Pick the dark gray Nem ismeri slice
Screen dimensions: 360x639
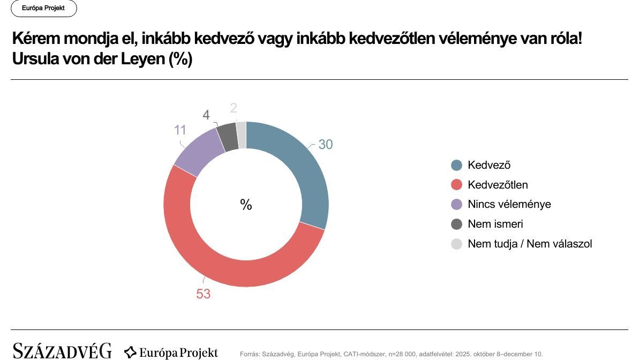click(228, 137)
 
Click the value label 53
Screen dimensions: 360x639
click(204, 294)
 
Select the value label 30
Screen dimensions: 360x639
click(326, 145)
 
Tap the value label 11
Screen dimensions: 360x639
click(180, 130)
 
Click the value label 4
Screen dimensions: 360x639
click(206, 115)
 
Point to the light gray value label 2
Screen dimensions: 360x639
click(234, 108)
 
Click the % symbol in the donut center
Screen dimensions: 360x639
click(246, 205)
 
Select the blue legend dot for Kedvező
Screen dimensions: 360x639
click(457, 166)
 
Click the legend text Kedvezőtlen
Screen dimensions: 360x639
click(498, 185)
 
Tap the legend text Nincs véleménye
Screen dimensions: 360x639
click(509, 204)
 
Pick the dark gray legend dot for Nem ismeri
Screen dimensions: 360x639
click(457, 224)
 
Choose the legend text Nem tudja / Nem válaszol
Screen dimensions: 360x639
click(530, 244)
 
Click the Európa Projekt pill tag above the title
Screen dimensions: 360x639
click(43, 9)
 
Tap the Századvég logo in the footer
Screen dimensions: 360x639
click(62, 351)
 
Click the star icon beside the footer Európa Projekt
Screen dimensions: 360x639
click(130, 352)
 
